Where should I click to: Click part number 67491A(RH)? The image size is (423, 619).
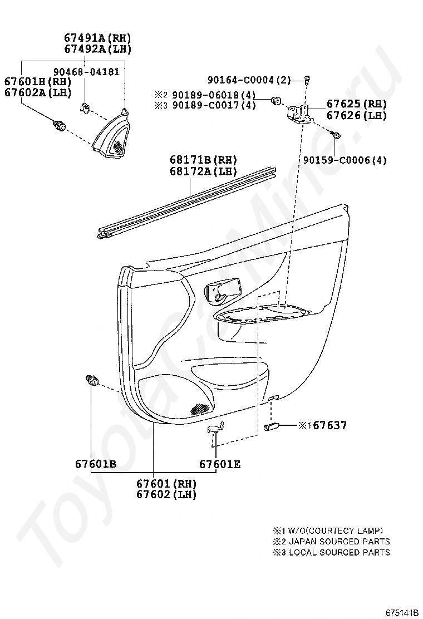tap(97, 38)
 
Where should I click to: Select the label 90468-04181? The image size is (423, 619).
tap(86, 72)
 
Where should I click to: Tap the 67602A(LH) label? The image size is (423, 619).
tap(38, 93)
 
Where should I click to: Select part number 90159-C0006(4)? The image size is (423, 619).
tap(345, 160)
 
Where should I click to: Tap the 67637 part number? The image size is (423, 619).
tap(329, 425)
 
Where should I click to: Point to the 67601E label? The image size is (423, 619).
tap(220, 464)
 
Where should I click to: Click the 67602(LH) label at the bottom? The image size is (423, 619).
tap(166, 494)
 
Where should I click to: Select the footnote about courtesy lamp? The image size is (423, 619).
tap(327, 531)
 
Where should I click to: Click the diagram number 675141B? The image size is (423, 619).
tap(402, 612)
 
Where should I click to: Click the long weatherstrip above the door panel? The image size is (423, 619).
tap(189, 200)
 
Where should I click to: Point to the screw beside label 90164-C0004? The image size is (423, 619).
tap(307, 80)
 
